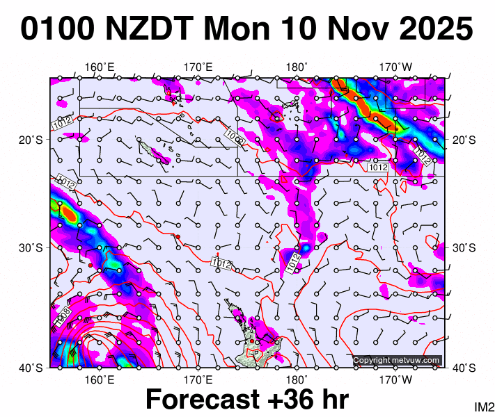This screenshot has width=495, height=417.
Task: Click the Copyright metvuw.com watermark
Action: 397,360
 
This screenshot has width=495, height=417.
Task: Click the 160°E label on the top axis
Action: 100,67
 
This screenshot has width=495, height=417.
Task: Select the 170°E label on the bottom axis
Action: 198,379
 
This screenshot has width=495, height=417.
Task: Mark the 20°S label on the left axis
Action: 30,140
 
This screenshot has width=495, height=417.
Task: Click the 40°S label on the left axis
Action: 30,368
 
